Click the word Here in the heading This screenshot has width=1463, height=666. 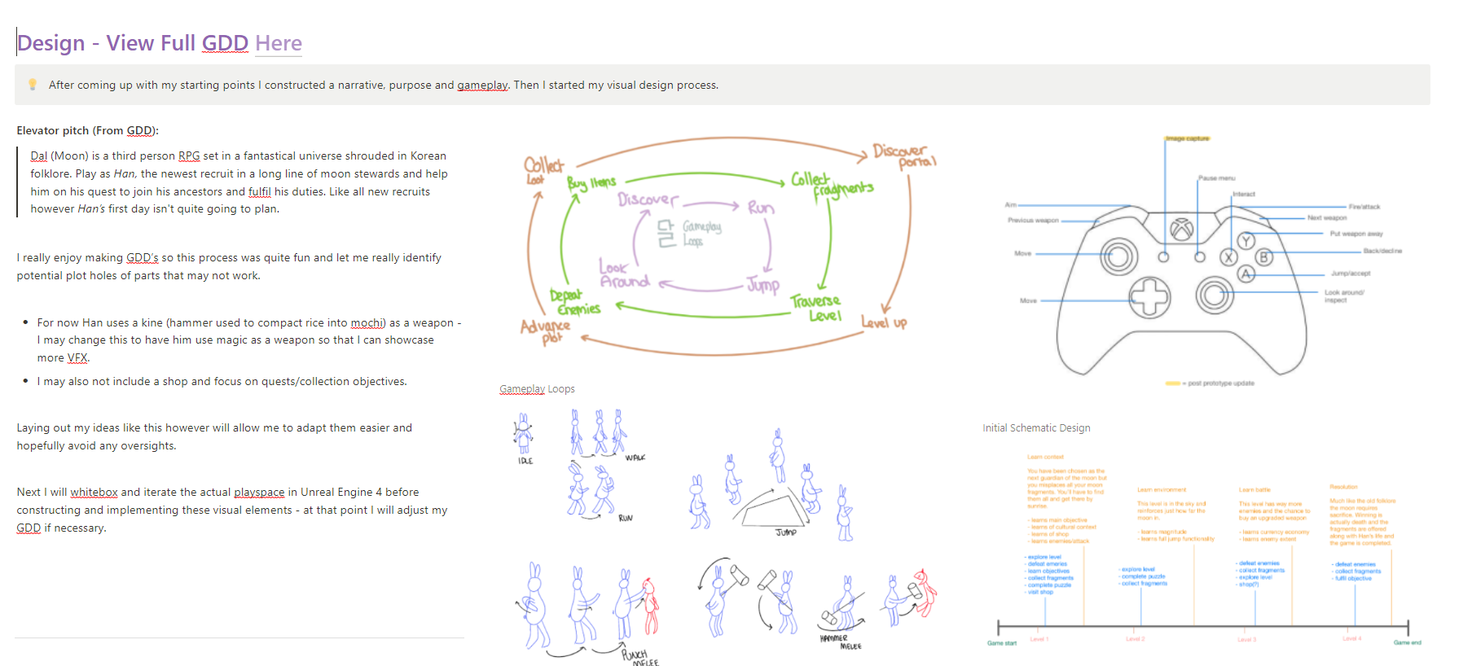point(279,43)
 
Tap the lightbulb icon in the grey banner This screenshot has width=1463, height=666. point(33,84)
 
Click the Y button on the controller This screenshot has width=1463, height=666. point(1246,241)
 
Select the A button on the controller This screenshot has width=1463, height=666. point(1246,274)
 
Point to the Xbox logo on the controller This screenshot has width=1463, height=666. point(1181,229)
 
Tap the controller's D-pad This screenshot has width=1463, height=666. point(1149,296)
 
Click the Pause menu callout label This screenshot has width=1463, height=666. point(1216,177)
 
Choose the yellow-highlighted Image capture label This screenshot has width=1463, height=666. point(1187,138)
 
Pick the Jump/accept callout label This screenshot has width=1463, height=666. point(1351,274)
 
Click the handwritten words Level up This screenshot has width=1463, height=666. point(884,322)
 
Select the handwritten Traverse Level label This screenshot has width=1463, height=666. point(816,308)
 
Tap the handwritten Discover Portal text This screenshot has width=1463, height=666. point(903,155)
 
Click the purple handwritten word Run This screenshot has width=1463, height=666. point(761,208)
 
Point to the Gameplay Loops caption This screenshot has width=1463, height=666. point(537,389)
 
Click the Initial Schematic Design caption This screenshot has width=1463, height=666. point(1036,428)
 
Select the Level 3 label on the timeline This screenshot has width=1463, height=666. point(1246,640)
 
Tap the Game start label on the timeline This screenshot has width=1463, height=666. point(1002,643)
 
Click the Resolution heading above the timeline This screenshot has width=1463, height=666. point(1343,487)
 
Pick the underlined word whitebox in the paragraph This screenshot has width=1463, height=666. point(94,493)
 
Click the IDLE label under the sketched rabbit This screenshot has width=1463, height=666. point(525,461)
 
